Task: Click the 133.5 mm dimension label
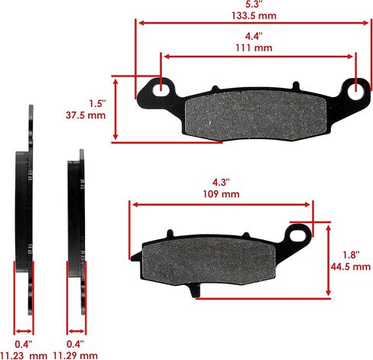[x=254, y=16]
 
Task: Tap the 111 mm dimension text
[x=254, y=48]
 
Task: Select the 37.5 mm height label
[x=86, y=115]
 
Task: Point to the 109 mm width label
[x=221, y=194]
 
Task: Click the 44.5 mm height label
[x=351, y=267]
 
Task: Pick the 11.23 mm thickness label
[x=24, y=355]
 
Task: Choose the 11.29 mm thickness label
[x=75, y=355]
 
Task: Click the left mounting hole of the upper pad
[x=161, y=89]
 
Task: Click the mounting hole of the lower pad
[x=298, y=235]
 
